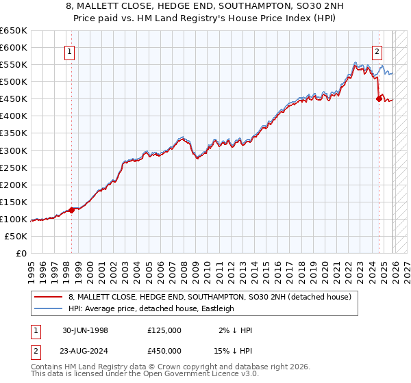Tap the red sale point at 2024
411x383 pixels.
click(x=379, y=98)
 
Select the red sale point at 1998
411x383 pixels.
click(x=71, y=210)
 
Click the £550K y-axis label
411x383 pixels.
click(x=14, y=64)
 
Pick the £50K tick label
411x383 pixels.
click(x=17, y=236)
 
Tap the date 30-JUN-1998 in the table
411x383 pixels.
click(x=85, y=330)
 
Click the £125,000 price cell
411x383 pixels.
click(x=164, y=330)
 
